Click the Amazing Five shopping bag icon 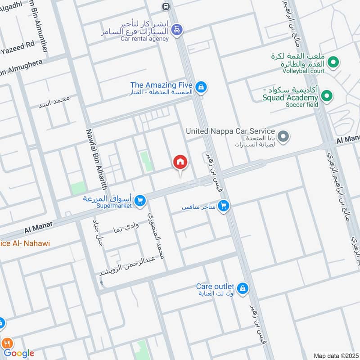(x=201, y=86)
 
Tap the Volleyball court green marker (x=333, y=62)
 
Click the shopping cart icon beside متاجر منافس (x=223, y=206)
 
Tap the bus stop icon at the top (x=166, y=6)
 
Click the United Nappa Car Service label (x=230, y=131)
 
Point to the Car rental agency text (x=144, y=39)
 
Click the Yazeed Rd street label (x=18, y=45)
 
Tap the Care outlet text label (x=215, y=287)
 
